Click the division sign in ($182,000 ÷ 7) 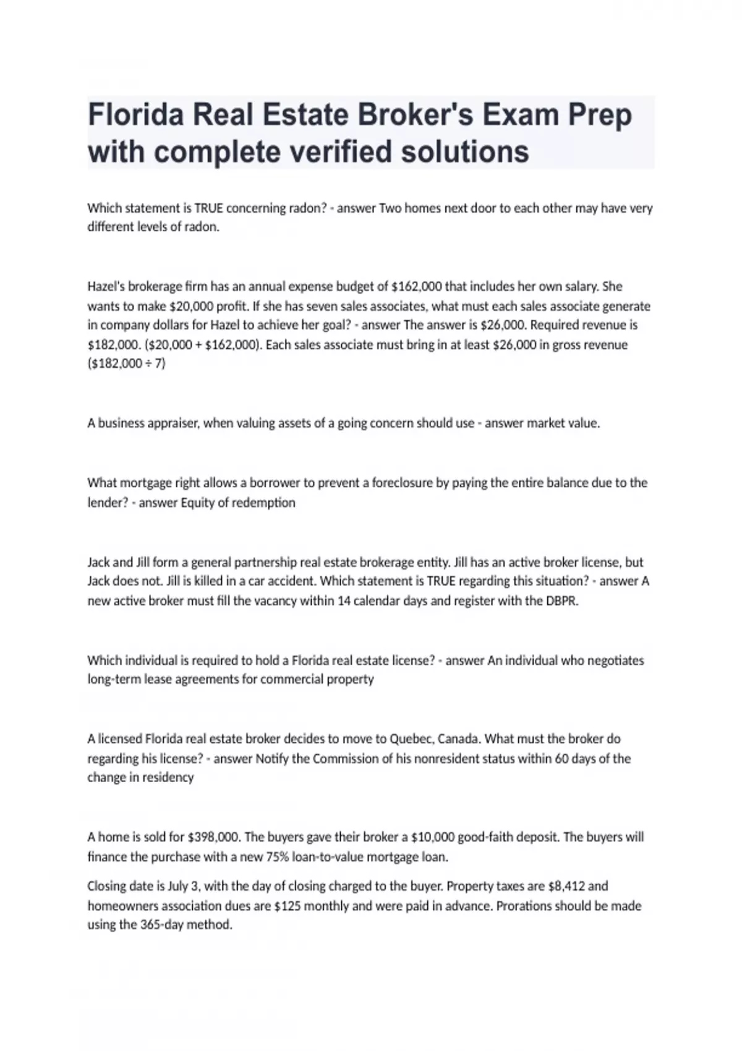click(x=148, y=364)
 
